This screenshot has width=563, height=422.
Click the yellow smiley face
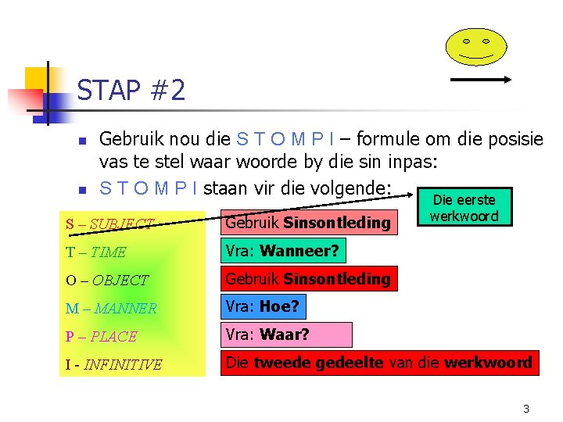[475, 46]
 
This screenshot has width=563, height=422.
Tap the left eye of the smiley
[466, 41]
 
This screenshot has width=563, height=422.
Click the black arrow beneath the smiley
[481, 79]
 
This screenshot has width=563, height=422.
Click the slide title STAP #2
[131, 91]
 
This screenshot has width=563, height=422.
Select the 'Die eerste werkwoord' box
[464, 209]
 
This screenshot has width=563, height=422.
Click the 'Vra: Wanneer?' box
[281, 251]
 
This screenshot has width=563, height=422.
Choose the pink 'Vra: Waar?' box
[285, 334]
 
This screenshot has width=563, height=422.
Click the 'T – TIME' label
[96, 252]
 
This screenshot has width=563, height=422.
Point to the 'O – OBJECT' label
[107, 280]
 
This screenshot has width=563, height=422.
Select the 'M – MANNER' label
[111, 308]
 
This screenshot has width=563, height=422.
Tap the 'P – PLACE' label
[102, 336]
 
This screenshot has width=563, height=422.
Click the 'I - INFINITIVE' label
[114, 364]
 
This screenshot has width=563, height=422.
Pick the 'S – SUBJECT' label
[110, 224]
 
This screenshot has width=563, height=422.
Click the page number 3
[526, 409]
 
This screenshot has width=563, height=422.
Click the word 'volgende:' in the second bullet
[351, 188]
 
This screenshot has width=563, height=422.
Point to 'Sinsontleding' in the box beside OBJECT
[337, 278]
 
